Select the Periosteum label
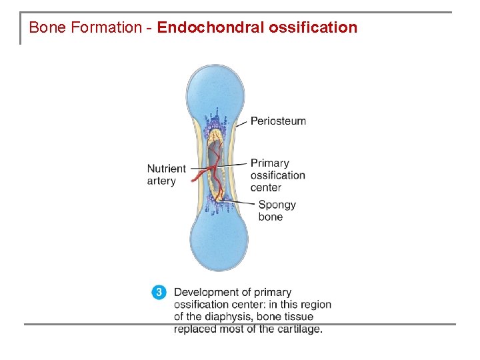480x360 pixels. (x=278, y=121)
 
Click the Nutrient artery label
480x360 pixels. (x=166, y=175)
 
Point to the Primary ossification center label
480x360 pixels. (x=277, y=175)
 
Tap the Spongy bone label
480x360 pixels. (x=277, y=211)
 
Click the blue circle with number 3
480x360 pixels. (x=159, y=292)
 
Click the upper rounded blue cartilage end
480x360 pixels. (x=217, y=87)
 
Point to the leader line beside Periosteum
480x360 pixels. (x=241, y=123)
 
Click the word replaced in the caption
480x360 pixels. (x=194, y=329)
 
